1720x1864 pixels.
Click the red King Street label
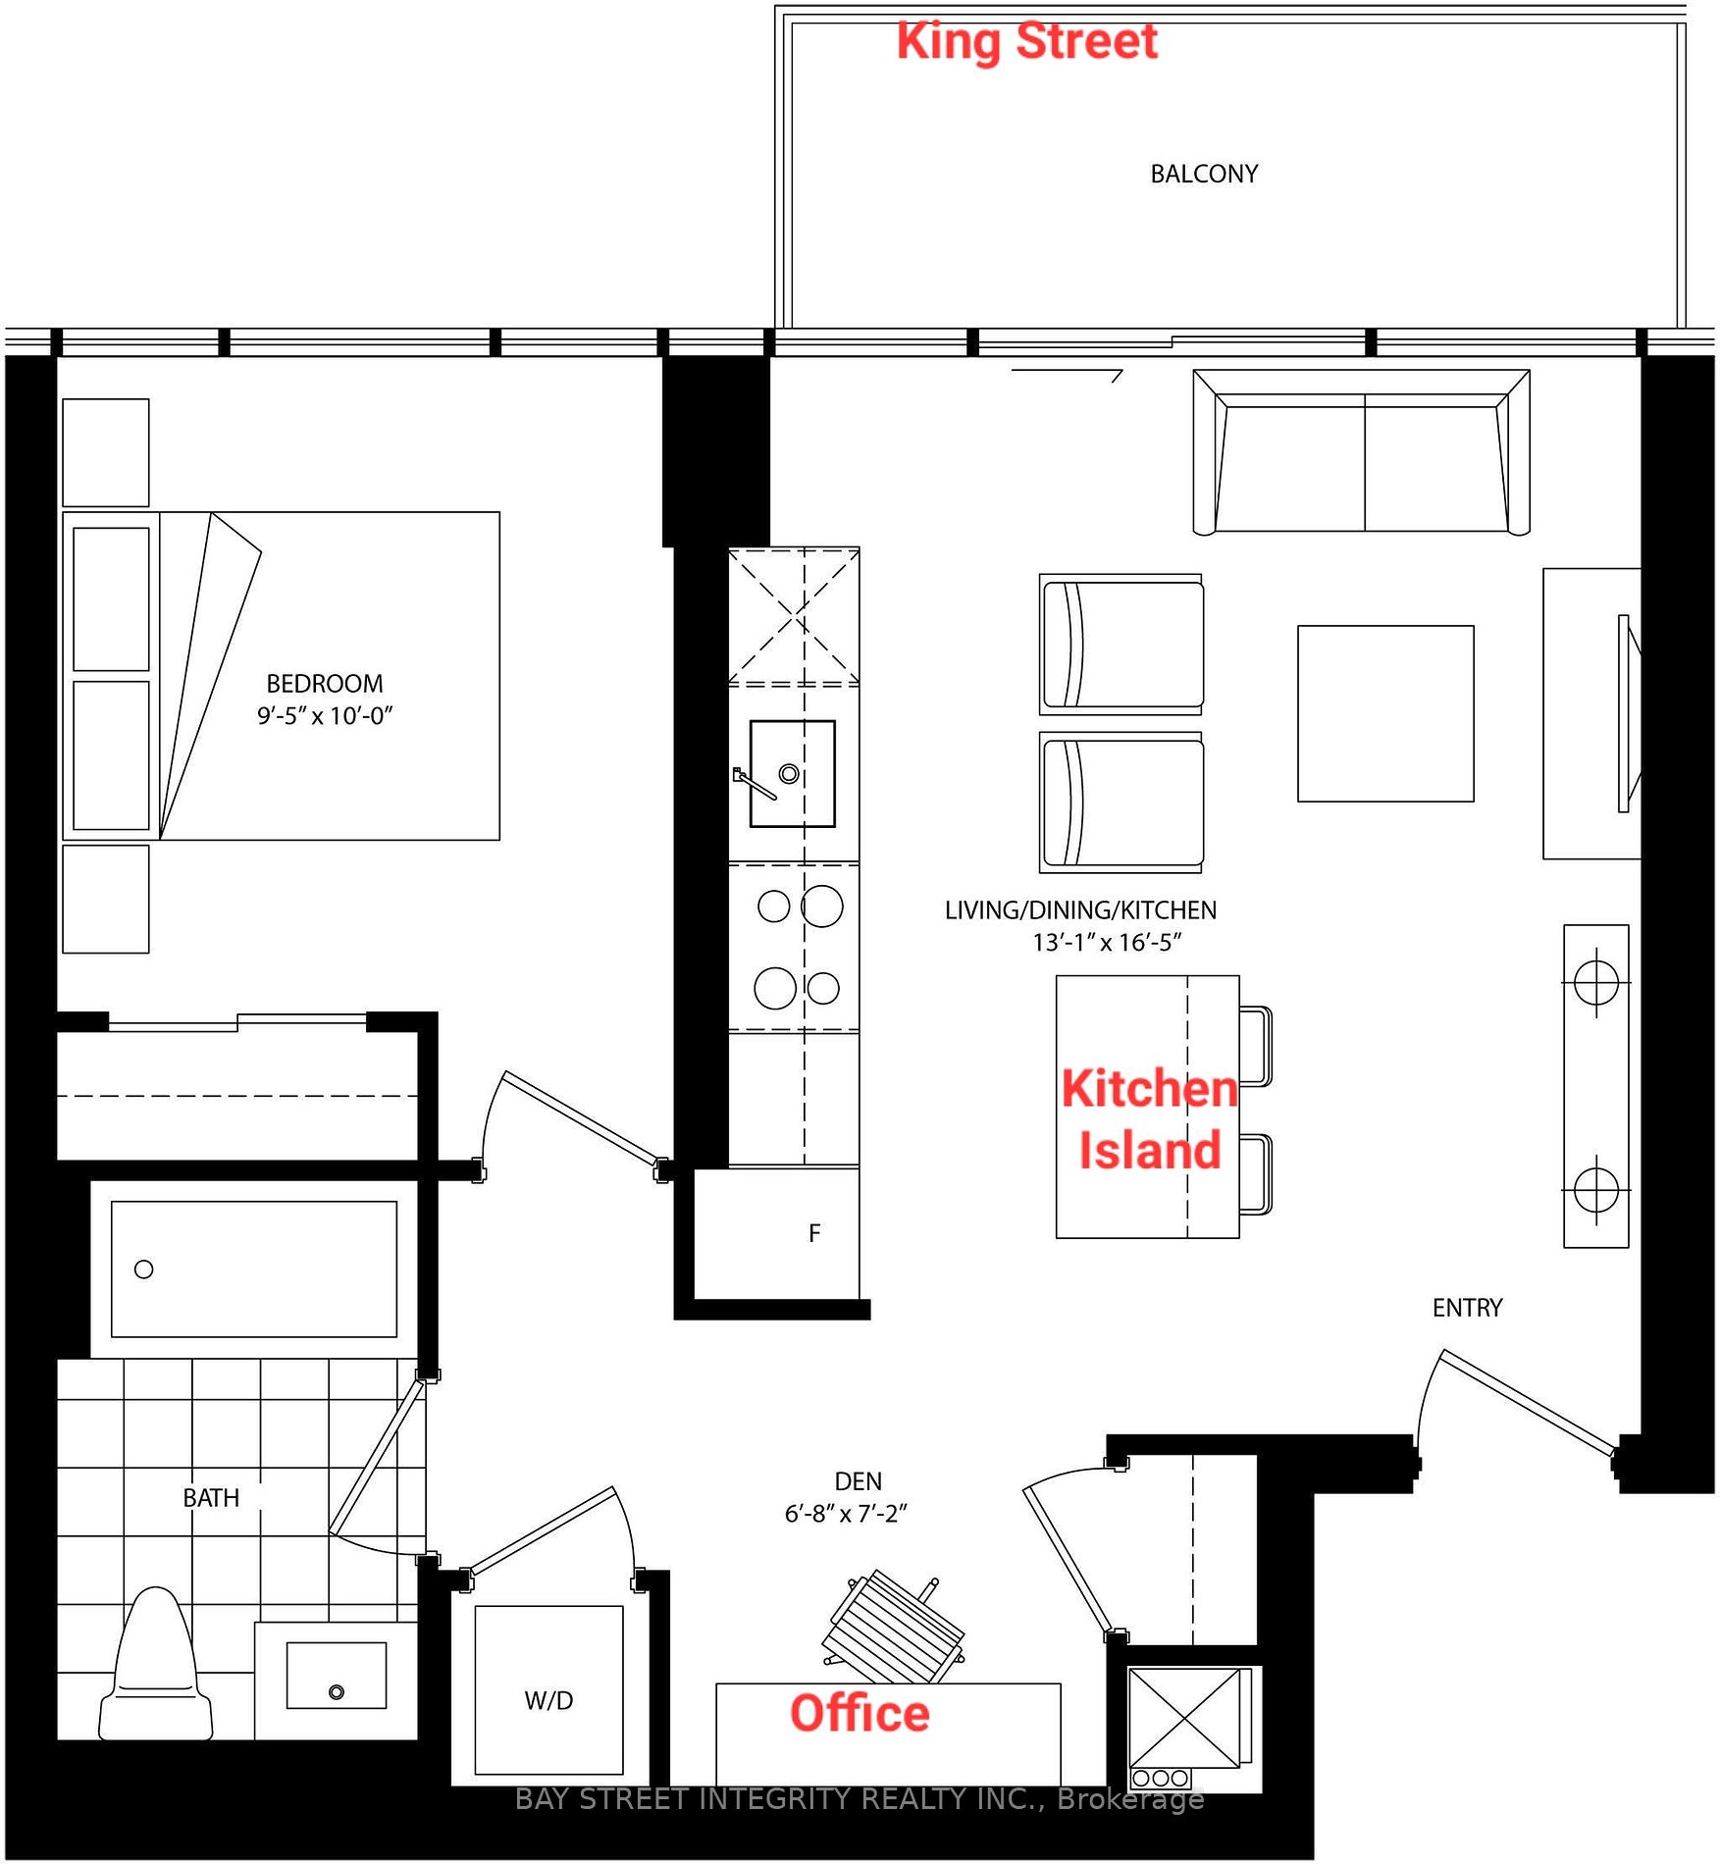(1026, 41)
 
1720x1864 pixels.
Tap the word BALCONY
(1203, 174)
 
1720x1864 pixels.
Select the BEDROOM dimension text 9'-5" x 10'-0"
(324, 716)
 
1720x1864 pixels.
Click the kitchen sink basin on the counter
(792, 774)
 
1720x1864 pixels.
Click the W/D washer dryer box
(548, 1700)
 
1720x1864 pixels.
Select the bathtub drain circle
(144, 1269)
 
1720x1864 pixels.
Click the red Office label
(860, 1713)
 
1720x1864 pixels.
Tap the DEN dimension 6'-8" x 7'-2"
(845, 1514)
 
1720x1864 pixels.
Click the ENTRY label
(1467, 1308)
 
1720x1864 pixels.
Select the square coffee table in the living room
(1384, 713)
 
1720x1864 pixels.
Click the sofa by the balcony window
(1361, 453)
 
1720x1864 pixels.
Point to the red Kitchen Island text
(1149, 1119)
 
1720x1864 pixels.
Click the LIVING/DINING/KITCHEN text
(1080, 910)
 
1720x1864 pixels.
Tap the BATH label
(211, 1498)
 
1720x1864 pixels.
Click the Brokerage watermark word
(1130, 1799)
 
